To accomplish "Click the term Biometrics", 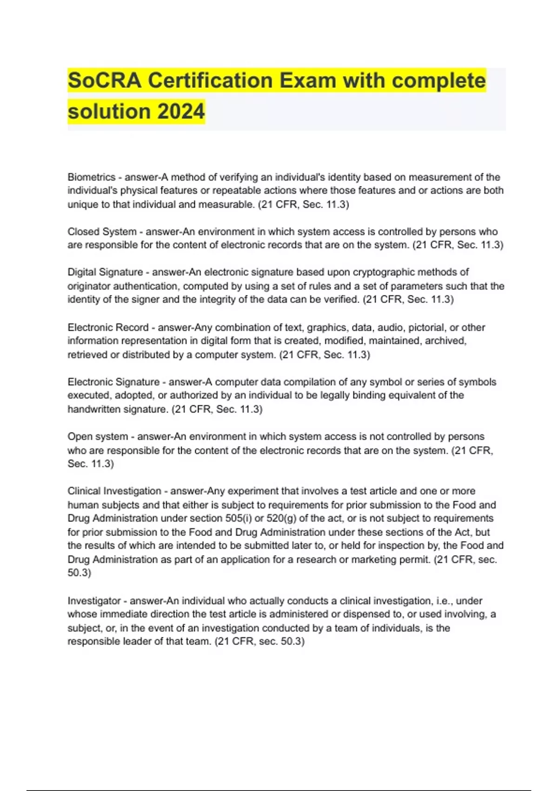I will tap(91, 177).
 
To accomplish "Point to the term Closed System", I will tap(102, 231).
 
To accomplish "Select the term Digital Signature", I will tap(105, 272).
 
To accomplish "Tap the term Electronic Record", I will tap(108, 327).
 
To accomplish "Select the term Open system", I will tap(98, 436).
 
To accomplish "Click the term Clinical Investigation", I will tap(114, 491).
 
